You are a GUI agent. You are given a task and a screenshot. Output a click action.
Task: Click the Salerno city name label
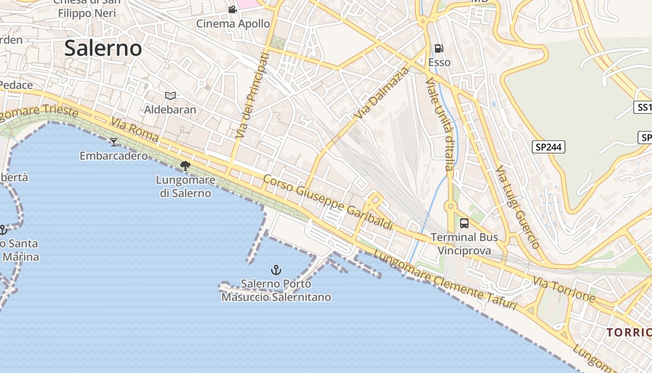pyautogui.click(x=103, y=48)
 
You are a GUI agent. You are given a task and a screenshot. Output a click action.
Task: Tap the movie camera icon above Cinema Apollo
pyautogui.click(x=232, y=9)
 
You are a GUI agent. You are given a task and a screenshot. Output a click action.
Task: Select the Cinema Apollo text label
pyautogui.click(x=233, y=23)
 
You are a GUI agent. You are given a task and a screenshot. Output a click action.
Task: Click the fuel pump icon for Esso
pyautogui.click(x=439, y=48)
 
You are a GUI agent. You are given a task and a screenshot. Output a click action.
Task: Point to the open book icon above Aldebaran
pyautogui.click(x=170, y=96)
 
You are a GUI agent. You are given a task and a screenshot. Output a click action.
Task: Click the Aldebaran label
pyautogui.click(x=170, y=110)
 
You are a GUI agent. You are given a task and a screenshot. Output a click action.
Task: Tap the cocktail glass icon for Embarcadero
pyautogui.click(x=114, y=142)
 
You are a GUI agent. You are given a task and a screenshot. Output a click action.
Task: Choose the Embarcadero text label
pyautogui.click(x=114, y=156)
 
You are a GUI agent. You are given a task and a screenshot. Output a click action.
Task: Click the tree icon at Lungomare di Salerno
pyautogui.click(x=185, y=166)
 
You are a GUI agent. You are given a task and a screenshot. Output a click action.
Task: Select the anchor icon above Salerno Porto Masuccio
pyautogui.click(x=276, y=269)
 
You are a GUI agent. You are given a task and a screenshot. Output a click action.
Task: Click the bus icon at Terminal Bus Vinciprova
pyautogui.click(x=464, y=223)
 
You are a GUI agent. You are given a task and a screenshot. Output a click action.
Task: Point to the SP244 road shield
pyautogui.click(x=548, y=147)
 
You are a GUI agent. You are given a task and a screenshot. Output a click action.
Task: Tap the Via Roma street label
pyautogui.click(x=135, y=130)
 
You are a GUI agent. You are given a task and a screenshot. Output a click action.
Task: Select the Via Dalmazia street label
pyautogui.click(x=380, y=93)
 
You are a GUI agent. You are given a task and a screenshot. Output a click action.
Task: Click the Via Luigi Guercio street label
pyautogui.click(x=517, y=207)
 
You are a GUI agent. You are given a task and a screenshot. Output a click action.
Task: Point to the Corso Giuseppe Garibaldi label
pyautogui.click(x=328, y=202)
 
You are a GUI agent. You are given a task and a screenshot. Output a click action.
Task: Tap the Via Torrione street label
pyautogui.click(x=564, y=289)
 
